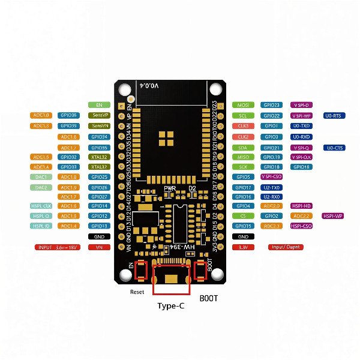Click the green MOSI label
(243, 105)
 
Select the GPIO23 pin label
(271, 105)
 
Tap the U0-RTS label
(334, 115)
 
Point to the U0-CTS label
(334, 148)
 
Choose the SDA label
(243, 148)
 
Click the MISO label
(243, 157)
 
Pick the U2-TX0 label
(271, 187)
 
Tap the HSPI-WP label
(334, 215)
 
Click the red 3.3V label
(243, 247)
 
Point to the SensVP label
(98, 115)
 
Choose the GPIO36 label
(69, 115)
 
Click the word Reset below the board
(138, 292)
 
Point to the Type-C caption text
(171, 306)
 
